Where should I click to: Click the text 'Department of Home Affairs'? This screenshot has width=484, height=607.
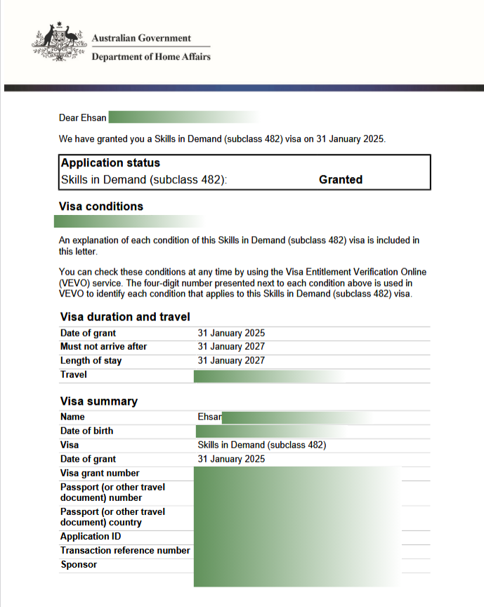[x=151, y=57]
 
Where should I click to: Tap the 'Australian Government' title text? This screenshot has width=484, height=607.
[x=141, y=38]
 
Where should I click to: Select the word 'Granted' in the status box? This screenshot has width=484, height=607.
[x=341, y=180]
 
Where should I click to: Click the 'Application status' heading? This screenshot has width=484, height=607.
[x=110, y=163]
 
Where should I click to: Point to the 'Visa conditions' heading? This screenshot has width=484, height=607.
[x=102, y=207]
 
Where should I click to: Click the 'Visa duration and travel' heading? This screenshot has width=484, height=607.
[x=125, y=317]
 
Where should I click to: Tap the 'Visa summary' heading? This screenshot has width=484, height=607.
[x=99, y=401]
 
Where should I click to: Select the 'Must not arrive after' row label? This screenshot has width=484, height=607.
[x=104, y=347]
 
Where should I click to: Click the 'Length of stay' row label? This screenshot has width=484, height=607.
[x=91, y=361]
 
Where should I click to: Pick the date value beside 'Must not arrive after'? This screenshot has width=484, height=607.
[x=231, y=347]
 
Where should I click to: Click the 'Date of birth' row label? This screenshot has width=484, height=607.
[x=86, y=431]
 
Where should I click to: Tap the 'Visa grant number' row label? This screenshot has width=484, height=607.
[x=100, y=474]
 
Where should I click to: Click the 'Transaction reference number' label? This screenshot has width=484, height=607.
[x=125, y=551]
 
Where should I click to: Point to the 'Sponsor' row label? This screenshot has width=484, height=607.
[x=79, y=565]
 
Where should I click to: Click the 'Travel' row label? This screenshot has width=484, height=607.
[x=74, y=375]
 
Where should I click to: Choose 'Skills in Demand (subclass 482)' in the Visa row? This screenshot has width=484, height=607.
[x=262, y=445]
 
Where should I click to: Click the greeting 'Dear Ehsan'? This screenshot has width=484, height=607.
[x=83, y=118]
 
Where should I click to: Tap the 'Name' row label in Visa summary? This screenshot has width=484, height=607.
[x=72, y=417]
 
